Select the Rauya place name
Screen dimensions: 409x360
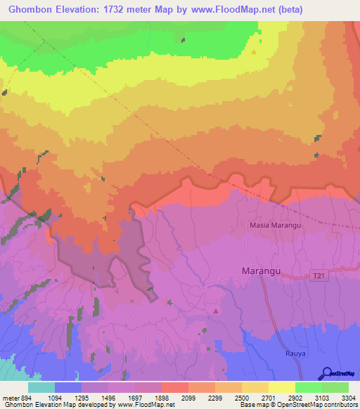pos(296,353)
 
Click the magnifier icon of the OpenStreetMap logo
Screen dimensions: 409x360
pos(327,373)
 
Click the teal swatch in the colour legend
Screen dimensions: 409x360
pos(41,387)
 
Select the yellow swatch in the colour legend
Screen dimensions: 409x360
pos(281,387)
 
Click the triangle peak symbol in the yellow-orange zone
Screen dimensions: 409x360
pos(254,51)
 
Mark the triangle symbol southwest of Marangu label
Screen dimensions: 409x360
pos(216,311)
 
